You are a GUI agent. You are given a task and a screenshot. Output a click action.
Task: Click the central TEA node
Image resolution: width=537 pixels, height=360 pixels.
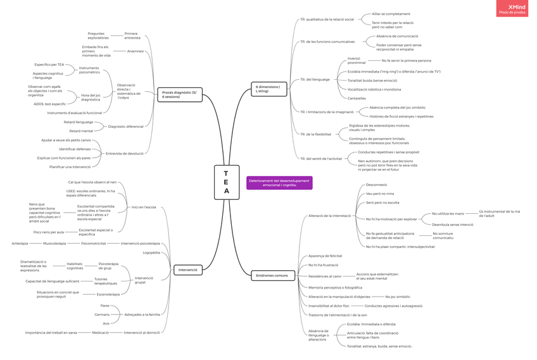[x=226, y=182]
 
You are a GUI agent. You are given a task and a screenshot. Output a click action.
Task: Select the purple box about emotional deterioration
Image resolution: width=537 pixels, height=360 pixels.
[x=279, y=182]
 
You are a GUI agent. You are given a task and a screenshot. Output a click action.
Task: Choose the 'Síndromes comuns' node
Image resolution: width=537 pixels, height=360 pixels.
[x=272, y=275]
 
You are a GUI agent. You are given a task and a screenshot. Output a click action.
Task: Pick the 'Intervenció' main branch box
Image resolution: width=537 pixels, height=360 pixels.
[x=188, y=270]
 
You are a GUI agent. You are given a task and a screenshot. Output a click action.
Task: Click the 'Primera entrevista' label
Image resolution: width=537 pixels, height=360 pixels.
[x=132, y=35]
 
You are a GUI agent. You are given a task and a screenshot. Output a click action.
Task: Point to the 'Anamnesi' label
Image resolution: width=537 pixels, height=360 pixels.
[x=136, y=51]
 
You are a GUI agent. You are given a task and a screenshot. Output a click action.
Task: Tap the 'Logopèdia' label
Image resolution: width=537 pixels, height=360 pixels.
[x=151, y=252]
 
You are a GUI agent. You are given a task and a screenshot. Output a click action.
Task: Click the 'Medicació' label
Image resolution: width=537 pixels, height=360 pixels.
[x=100, y=332]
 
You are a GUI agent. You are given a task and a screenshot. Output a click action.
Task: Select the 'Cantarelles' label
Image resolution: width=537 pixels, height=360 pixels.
[x=357, y=98]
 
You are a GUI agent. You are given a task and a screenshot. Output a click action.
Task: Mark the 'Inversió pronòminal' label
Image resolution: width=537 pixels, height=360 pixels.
[x=357, y=61]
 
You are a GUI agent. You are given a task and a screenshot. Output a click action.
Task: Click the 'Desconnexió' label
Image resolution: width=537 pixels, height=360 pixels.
[x=376, y=185]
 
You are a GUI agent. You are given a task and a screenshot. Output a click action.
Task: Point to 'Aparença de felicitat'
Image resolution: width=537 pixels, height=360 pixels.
[x=325, y=256]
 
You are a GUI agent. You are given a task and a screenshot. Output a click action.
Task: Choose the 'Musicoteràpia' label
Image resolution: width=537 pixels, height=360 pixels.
[x=54, y=243]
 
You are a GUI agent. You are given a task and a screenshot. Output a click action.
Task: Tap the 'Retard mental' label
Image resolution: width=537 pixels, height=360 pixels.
[x=81, y=131]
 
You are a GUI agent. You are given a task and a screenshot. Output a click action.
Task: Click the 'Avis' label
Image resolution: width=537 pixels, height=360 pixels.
[x=106, y=323]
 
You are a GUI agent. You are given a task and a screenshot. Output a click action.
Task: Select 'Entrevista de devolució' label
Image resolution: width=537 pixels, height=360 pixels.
[x=125, y=153]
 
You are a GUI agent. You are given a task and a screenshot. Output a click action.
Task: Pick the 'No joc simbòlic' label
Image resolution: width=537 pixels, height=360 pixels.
[x=398, y=296]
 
